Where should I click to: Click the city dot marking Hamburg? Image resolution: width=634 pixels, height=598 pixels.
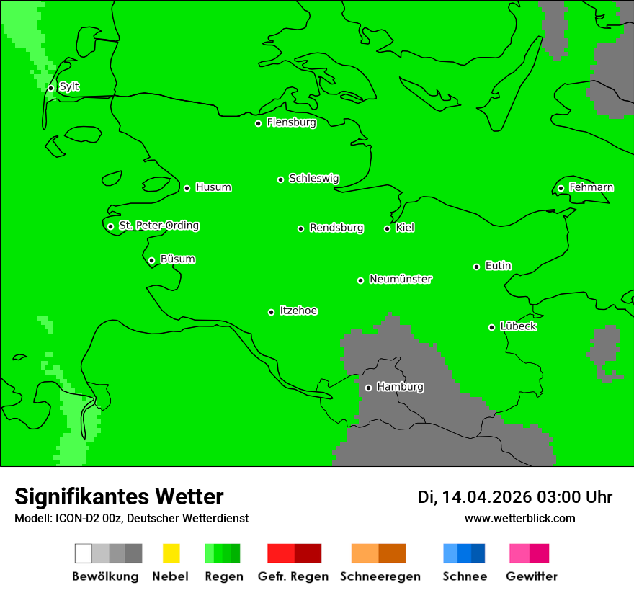[368, 388]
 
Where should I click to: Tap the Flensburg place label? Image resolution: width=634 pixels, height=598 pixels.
[291, 122]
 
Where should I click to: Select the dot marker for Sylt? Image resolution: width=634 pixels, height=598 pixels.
[50, 88]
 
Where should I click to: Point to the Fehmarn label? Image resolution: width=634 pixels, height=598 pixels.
[591, 187]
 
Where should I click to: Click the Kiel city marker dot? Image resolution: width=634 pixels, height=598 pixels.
[387, 228]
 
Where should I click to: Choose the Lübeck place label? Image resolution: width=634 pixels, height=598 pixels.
[518, 326]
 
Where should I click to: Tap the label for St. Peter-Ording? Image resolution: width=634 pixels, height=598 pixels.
[158, 226]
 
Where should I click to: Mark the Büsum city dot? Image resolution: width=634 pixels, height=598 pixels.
[151, 260]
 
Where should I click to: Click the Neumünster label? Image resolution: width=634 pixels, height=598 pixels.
[401, 279]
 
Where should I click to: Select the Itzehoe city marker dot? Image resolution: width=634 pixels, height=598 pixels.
[271, 312]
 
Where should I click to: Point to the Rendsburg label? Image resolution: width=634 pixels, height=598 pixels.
[336, 228]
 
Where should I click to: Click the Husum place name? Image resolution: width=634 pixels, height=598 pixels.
[213, 187]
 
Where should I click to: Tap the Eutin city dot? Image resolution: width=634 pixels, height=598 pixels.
[476, 267]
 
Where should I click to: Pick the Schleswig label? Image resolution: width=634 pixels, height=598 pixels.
[313, 178]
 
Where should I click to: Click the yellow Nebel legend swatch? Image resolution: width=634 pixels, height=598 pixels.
[171, 553]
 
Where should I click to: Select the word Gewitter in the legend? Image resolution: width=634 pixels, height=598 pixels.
[532, 576]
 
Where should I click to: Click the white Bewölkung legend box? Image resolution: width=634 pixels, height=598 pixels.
[84, 553]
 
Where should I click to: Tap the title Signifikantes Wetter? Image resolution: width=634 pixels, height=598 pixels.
[119, 496]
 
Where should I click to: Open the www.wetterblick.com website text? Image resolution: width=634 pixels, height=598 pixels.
[519, 518]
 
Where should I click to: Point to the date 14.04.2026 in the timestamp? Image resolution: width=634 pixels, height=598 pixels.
[486, 497]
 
